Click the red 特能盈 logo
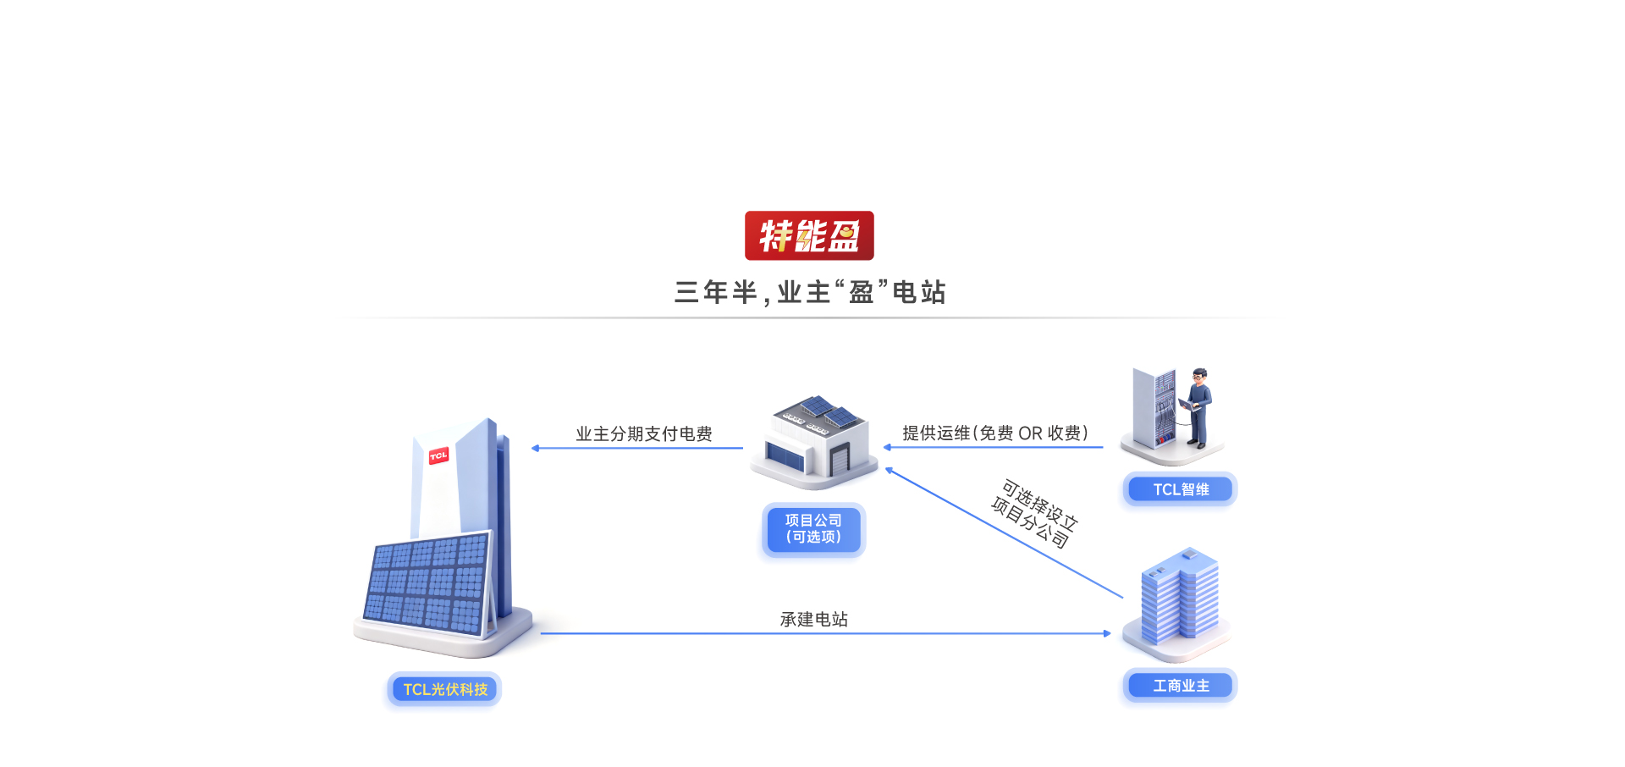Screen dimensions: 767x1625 pyautogui.click(x=809, y=235)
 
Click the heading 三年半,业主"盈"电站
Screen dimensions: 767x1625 pyautogui.click(x=810, y=293)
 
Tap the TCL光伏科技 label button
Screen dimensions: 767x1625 pyautogui.click(x=445, y=689)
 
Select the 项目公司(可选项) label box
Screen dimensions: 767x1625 pyautogui.click(x=813, y=529)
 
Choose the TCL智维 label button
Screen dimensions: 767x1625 pyautogui.click(x=1181, y=489)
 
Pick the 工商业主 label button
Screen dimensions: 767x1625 pyautogui.click(x=1181, y=686)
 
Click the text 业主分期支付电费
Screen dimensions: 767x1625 pyautogui.click(x=644, y=434)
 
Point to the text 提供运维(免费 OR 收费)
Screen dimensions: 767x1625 pyautogui.click(x=995, y=433)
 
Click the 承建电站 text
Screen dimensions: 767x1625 pyautogui.click(x=814, y=620)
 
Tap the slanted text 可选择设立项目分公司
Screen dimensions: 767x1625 pyautogui.click(x=1034, y=514)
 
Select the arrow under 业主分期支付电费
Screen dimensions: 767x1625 pyautogui.click(x=636, y=449)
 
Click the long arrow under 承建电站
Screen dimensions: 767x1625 pyautogui.click(x=825, y=633)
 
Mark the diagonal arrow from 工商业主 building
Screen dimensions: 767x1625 pyautogui.click(x=1004, y=532)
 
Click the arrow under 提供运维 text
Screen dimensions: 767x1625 pyautogui.click(x=993, y=447)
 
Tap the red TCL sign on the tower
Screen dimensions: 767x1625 pyautogui.click(x=438, y=456)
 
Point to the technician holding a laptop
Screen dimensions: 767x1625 pyautogui.click(x=1198, y=406)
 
